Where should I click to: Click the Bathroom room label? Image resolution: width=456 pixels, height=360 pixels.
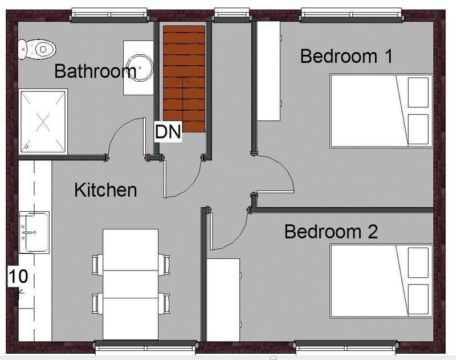pyautogui.click(x=95, y=71)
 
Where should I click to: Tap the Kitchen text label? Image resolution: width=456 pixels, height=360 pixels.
pyautogui.click(x=105, y=190)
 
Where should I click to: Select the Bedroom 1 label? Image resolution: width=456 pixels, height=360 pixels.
pyautogui.click(x=346, y=56)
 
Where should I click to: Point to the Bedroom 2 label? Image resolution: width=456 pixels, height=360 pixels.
pyautogui.click(x=331, y=232)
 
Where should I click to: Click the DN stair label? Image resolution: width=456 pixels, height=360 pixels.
pyautogui.click(x=168, y=132)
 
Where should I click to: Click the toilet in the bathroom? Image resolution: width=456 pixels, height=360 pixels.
pyautogui.click(x=37, y=49)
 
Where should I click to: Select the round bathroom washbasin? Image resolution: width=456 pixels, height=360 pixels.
pyautogui.click(x=140, y=67)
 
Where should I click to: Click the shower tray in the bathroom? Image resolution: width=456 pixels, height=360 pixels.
pyautogui.click(x=43, y=122)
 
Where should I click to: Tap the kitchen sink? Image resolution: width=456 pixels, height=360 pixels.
pyautogui.click(x=34, y=232)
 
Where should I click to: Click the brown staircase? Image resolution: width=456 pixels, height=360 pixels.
pyautogui.click(x=184, y=79)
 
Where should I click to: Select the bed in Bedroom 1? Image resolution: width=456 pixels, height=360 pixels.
pyautogui.click(x=381, y=111)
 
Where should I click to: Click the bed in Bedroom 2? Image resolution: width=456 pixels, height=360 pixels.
pyautogui.click(x=381, y=281)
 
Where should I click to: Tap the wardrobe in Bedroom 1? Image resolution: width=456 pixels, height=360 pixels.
pyautogui.click(x=268, y=71)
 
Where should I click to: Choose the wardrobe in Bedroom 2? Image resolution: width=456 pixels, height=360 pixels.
pyautogui.click(x=223, y=300)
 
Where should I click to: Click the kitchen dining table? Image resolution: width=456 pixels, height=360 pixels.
pyautogui.click(x=131, y=284)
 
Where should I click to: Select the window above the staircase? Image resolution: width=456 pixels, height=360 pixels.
pyautogui.click(x=232, y=15)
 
